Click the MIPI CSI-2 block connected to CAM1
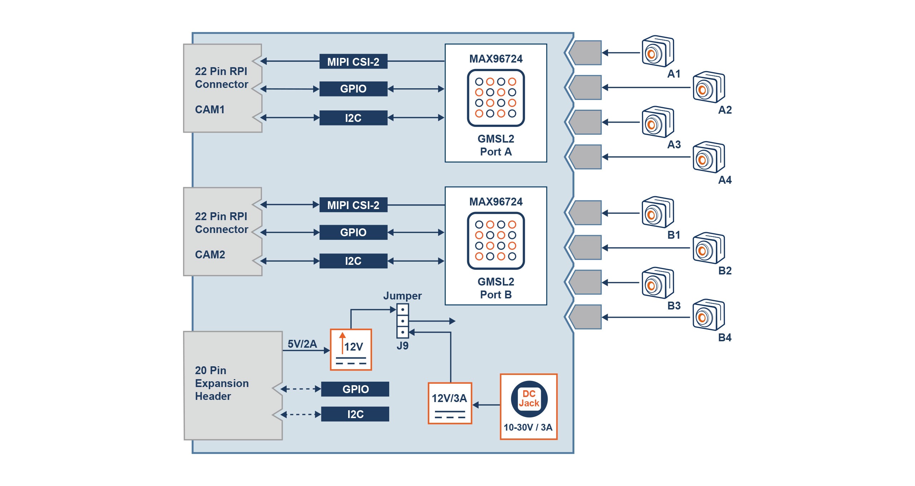353,61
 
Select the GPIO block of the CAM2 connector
353,232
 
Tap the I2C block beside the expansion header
355,414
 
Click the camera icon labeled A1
657,52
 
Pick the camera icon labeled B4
708,315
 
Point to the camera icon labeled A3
657,122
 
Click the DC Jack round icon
529,399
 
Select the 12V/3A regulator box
450,403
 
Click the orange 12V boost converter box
351,349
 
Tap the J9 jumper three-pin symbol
402,321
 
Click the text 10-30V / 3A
528,427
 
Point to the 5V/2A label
302,344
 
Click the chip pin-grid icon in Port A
496,98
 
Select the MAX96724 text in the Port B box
496,202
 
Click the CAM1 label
210,109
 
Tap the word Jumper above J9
402,296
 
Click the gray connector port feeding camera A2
585,88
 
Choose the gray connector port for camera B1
585,213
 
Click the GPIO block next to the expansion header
355,389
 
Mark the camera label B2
725,271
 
